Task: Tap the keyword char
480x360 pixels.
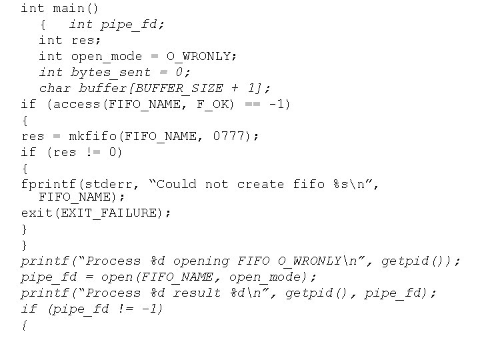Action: point(55,88)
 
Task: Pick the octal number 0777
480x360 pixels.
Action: point(229,136)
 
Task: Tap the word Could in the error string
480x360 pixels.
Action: point(177,184)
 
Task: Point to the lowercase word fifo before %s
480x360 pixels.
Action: point(309,184)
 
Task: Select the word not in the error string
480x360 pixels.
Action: point(217,184)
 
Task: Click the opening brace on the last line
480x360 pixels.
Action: point(25,325)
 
